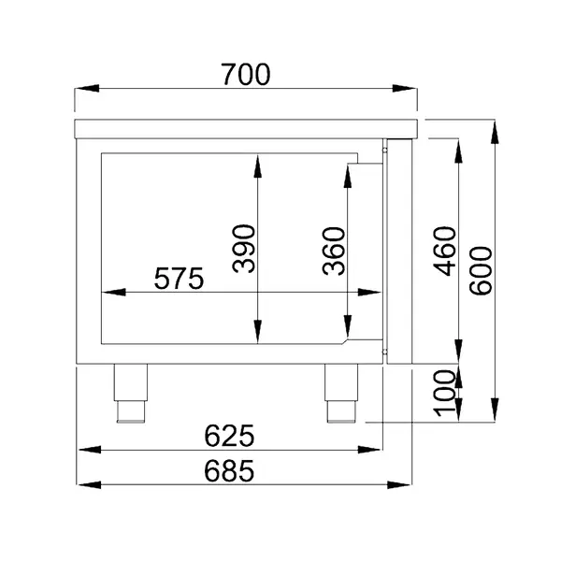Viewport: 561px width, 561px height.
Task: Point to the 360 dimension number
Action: [334, 252]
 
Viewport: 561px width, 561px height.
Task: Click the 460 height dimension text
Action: [445, 251]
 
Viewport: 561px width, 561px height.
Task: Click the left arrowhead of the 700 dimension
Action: [82, 91]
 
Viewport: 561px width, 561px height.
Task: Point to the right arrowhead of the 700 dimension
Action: [411, 91]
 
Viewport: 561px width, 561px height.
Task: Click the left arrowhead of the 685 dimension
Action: [82, 486]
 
